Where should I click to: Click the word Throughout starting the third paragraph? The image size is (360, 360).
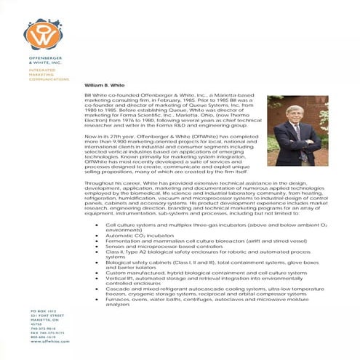pos(98,183)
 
